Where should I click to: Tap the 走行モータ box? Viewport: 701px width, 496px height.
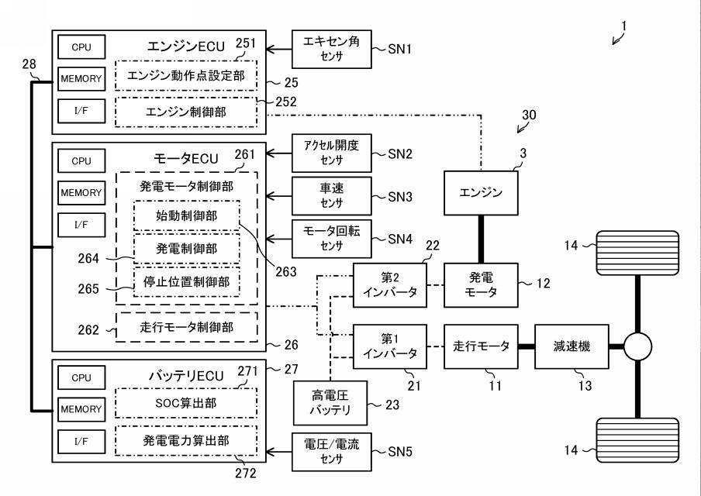(481, 346)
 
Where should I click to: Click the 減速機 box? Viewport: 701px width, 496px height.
(573, 346)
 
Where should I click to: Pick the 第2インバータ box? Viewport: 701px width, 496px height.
(389, 285)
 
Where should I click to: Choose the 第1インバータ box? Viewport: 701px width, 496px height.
(389, 346)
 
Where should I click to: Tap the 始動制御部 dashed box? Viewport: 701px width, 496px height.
(186, 215)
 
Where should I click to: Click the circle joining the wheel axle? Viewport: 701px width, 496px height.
(637, 347)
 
